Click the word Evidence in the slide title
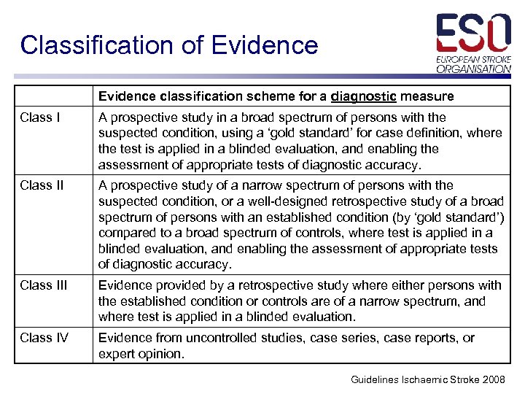pos(265,45)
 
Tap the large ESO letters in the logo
pos(473,34)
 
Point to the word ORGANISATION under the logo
pos(474,69)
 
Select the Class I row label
pos(40,117)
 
